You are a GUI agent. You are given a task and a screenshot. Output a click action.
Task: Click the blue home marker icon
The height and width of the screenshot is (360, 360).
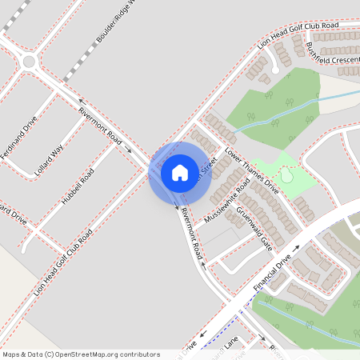pyautogui.click(x=180, y=173)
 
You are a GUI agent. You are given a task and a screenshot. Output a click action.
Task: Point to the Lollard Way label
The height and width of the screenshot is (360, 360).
pyautogui.click(x=49, y=161)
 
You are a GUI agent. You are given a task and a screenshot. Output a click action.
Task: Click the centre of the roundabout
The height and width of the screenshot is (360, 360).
pyautogui.click(x=30, y=61)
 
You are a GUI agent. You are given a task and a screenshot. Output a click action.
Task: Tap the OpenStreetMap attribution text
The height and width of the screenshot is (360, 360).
pyautogui.click(x=81, y=354)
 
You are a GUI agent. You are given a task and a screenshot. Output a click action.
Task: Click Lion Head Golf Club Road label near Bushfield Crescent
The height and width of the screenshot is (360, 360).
pyautogui.click(x=298, y=36)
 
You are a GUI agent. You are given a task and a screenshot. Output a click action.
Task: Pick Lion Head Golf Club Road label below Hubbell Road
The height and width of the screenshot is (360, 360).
pyautogui.click(x=64, y=261)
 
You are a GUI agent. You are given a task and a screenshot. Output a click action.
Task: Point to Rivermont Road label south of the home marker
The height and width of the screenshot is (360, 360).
pyautogui.click(x=190, y=234)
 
